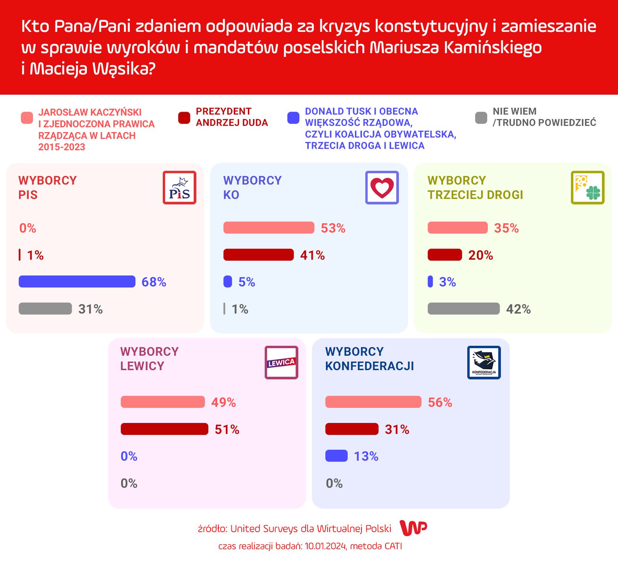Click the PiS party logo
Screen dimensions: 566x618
tap(179, 187)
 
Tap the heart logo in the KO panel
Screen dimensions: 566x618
tap(382, 187)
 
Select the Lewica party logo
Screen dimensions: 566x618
tap(281, 362)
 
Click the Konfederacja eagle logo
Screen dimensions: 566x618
tap(484, 362)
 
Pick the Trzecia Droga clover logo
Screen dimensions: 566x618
tap(587, 187)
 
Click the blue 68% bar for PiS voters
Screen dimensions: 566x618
tap(77, 281)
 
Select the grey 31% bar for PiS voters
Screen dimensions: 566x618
tap(45, 309)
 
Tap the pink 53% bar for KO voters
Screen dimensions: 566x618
tap(269, 228)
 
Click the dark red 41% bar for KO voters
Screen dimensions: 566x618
tap(258, 255)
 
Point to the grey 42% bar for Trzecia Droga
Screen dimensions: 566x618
tap(463, 309)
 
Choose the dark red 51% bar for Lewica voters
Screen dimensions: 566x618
tap(164, 429)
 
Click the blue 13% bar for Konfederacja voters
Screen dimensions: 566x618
tap(336, 456)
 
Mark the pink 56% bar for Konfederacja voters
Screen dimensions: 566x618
tap(373, 402)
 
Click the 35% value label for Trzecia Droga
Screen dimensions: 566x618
tap(506, 228)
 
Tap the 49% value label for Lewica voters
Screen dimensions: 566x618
tap(223, 402)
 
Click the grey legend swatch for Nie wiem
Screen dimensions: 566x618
tap(481, 118)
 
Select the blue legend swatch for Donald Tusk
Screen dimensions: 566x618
tap(293, 118)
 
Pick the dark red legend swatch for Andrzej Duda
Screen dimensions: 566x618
tap(184, 118)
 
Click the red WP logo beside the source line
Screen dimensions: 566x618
tap(413, 528)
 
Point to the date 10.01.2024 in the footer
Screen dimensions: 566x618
tap(325, 546)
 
